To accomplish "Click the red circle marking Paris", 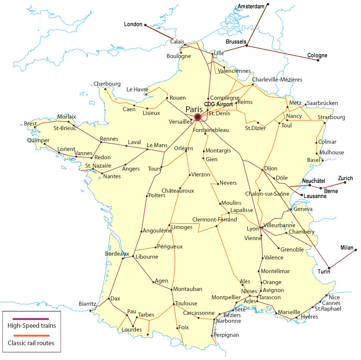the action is pyautogui.click(x=197, y=117).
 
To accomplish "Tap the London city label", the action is pyautogui.click(x=133, y=24).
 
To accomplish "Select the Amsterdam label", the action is pyautogui.click(x=251, y=6).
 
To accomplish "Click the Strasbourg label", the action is pyautogui.click(x=331, y=117).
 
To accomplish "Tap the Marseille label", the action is pyautogui.click(x=289, y=312).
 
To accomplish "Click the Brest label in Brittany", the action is pyautogui.click(x=30, y=124).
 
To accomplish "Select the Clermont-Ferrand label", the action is pyautogui.click(x=214, y=220).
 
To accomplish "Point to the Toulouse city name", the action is pyautogui.click(x=186, y=303).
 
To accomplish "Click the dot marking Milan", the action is pyautogui.click(x=356, y=250).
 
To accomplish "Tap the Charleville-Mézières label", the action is pyautogui.click(x=277, y=80).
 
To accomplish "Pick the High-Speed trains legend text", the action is pyautogui.click(x=32, y=325).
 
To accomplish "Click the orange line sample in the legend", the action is pyautogui.click(x=32, y=336).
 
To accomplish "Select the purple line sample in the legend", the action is pyautogui.click(x=32, y=319).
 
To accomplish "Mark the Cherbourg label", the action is pyautogui.click(x=107, y=84).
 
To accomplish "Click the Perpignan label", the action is pyautogui.click(x=226, y=335).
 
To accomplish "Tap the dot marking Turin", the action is pyautogui.click(x=329, y=269).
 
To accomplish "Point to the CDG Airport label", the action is pyautogui.click(x=218, y=104).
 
